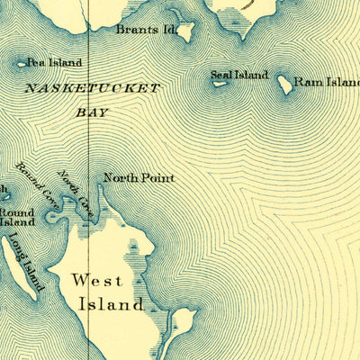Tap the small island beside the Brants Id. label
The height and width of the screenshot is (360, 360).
pos(189,33)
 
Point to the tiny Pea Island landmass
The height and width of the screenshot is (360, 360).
pos(22,64)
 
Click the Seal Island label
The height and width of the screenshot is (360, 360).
pos(239,75)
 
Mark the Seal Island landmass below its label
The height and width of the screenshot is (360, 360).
pos(219,85)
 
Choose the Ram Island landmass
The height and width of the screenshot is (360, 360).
pos(285,85)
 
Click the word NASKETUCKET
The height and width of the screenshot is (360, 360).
pos(92,88)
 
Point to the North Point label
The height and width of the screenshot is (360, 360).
pos(139,178)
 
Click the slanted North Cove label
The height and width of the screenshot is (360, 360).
pos(75,186)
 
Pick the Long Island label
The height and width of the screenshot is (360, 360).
pos(25,262)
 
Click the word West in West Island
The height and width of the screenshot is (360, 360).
pos(96,282)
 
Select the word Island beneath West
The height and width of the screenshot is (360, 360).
pos(111,304)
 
